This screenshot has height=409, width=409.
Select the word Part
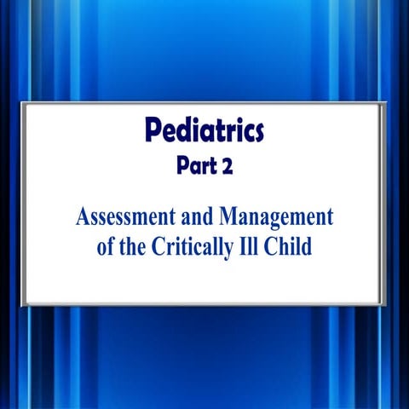pyautogui.click(x=192, y=167)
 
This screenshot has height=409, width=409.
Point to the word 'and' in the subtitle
pyautogui.click(x=199, y=215)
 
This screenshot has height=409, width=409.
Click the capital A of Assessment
pyautogui.click(x=82, y=215)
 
